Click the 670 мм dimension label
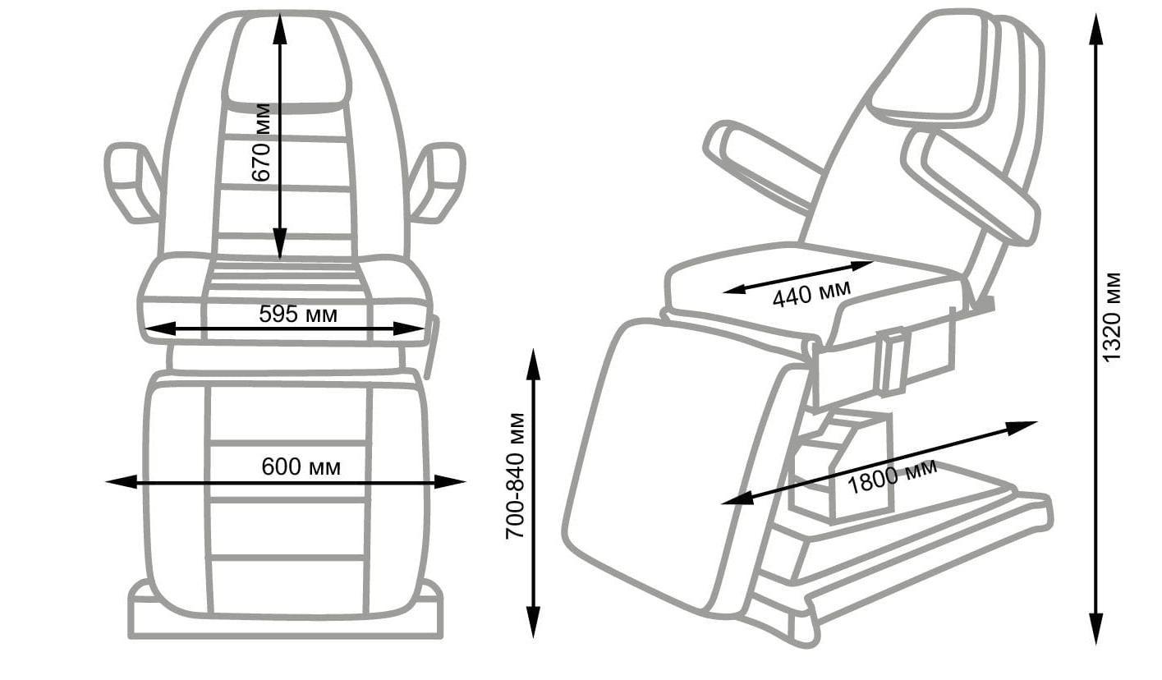coord(262,144)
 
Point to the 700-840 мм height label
coord(515,476)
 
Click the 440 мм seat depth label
coord(811,292)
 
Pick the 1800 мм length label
coord(891,476)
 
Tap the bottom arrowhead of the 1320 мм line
coord(1095,631)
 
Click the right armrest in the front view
coord(439,182)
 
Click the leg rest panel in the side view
coord(657,460)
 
